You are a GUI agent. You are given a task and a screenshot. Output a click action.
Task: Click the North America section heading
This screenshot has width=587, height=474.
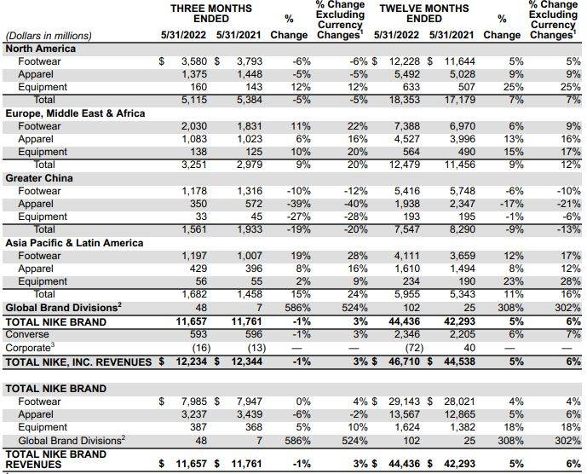[x=41, y=49]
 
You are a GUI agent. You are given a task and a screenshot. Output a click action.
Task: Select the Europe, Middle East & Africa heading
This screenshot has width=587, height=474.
[x=75, y=113]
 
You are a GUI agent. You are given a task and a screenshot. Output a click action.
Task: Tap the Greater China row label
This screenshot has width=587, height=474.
[x=39, y=178]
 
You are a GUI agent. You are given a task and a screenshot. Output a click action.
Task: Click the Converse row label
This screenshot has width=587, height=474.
[x=27, y=334]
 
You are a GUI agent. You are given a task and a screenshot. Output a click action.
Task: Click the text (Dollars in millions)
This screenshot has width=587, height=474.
[x=49, y=36]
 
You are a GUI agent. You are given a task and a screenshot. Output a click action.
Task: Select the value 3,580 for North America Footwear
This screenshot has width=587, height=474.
[x=195, y=61]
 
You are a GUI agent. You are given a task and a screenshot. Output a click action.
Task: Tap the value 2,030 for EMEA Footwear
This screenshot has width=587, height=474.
[x=195, y=126]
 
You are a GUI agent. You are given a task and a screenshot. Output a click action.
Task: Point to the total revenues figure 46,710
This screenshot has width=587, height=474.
[x=406, y=362]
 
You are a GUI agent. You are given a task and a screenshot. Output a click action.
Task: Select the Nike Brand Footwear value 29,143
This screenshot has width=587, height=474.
[x=406, y=402]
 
